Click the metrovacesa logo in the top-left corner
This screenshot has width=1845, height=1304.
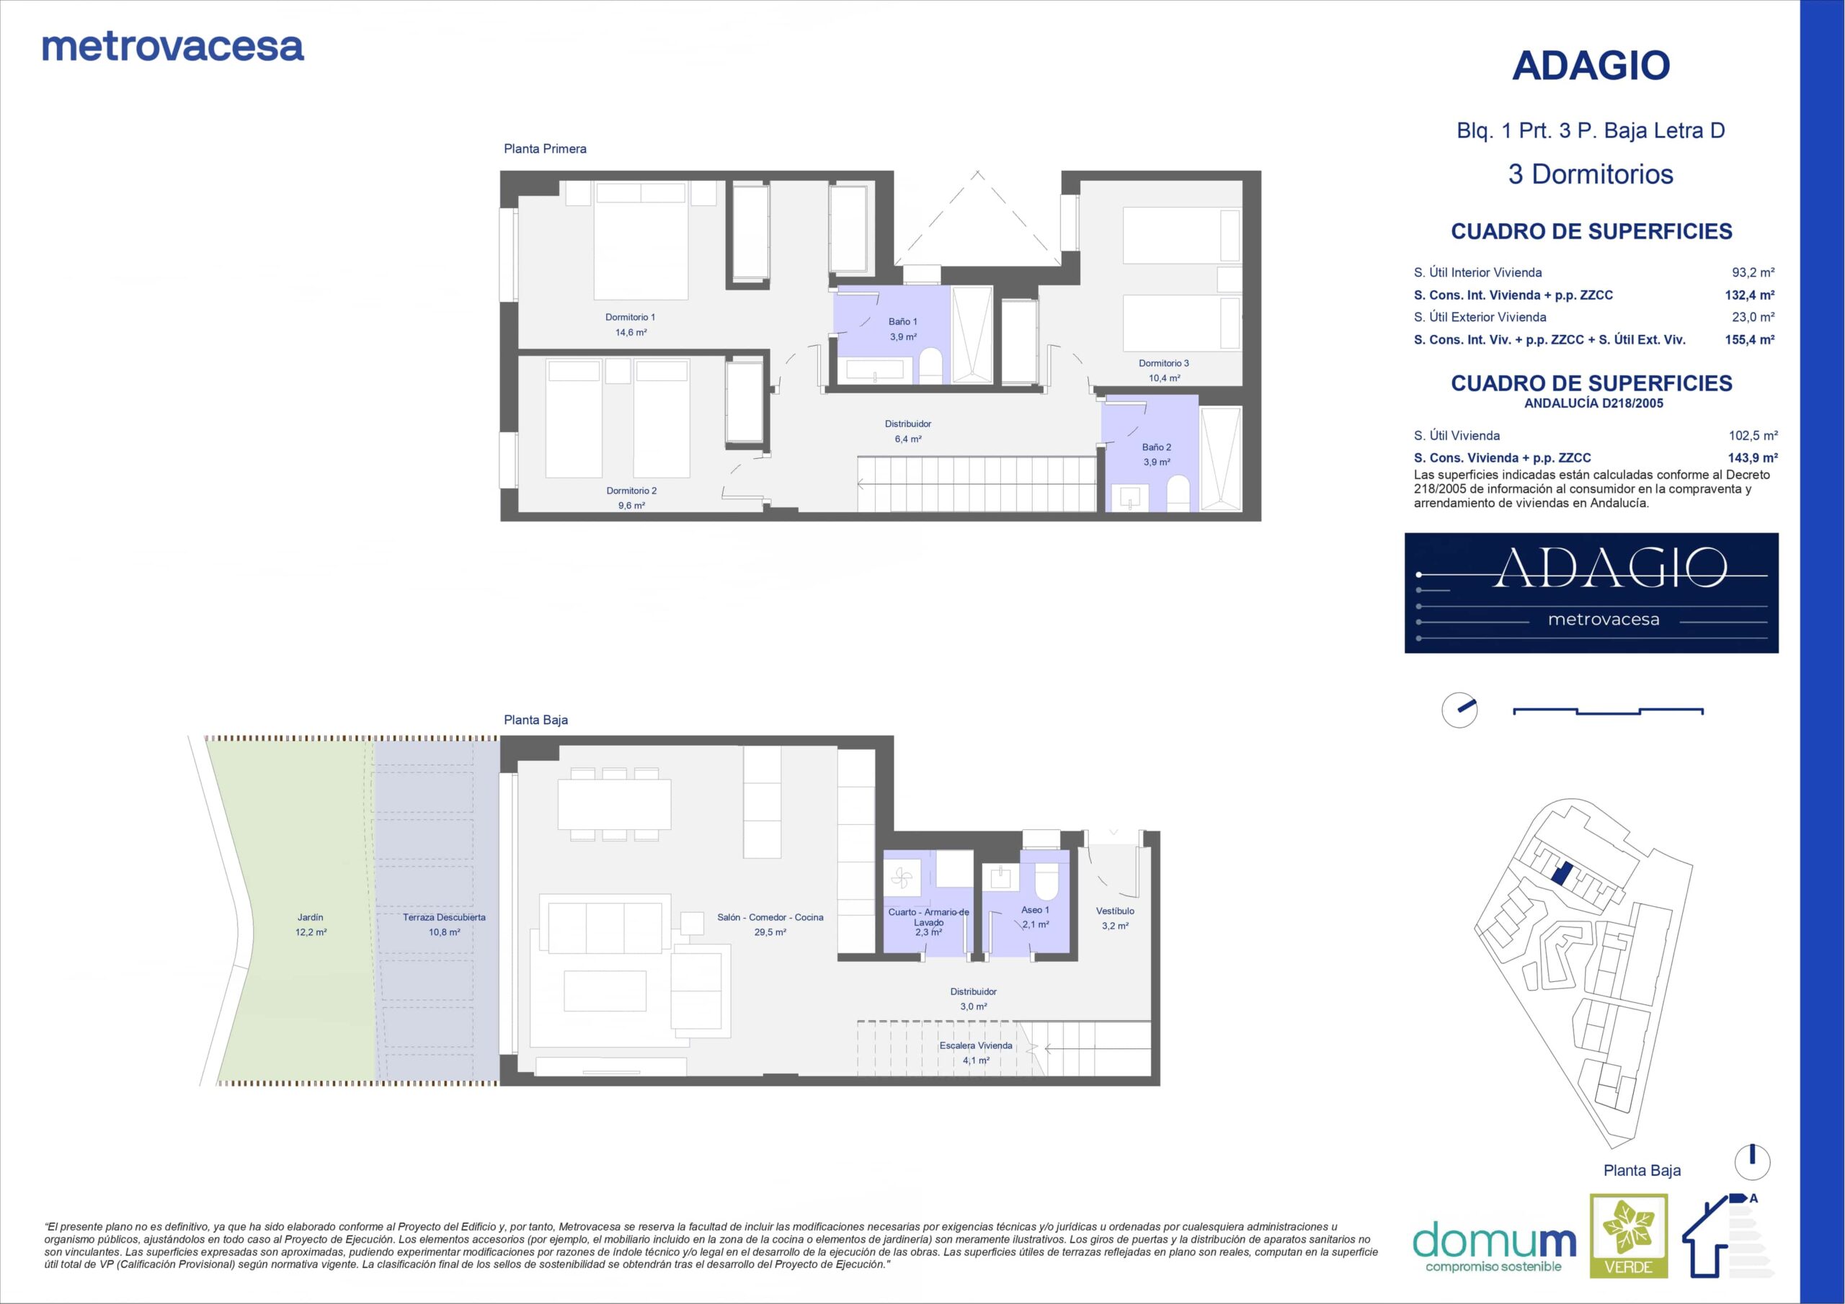(173, 48)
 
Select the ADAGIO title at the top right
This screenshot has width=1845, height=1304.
(1591, 66)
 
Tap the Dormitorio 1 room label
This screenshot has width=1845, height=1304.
(631, 318)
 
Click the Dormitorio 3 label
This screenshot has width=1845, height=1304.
(1163, 363)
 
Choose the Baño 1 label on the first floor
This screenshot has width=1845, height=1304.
(903, 322)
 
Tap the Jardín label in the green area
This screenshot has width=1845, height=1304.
(310, 916)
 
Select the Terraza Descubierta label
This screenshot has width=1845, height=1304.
(445, 916)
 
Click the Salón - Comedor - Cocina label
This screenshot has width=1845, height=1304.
(770, 916)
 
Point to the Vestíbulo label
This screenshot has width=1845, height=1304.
(1116, 911)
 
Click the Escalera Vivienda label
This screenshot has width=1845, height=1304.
(977, 1045)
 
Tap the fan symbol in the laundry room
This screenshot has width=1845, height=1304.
(902, 878)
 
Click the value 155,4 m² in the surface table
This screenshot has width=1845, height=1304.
(1750, 340)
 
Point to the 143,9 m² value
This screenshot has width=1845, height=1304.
(1753, 458)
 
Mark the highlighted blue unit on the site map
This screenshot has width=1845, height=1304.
(1561, 874)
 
